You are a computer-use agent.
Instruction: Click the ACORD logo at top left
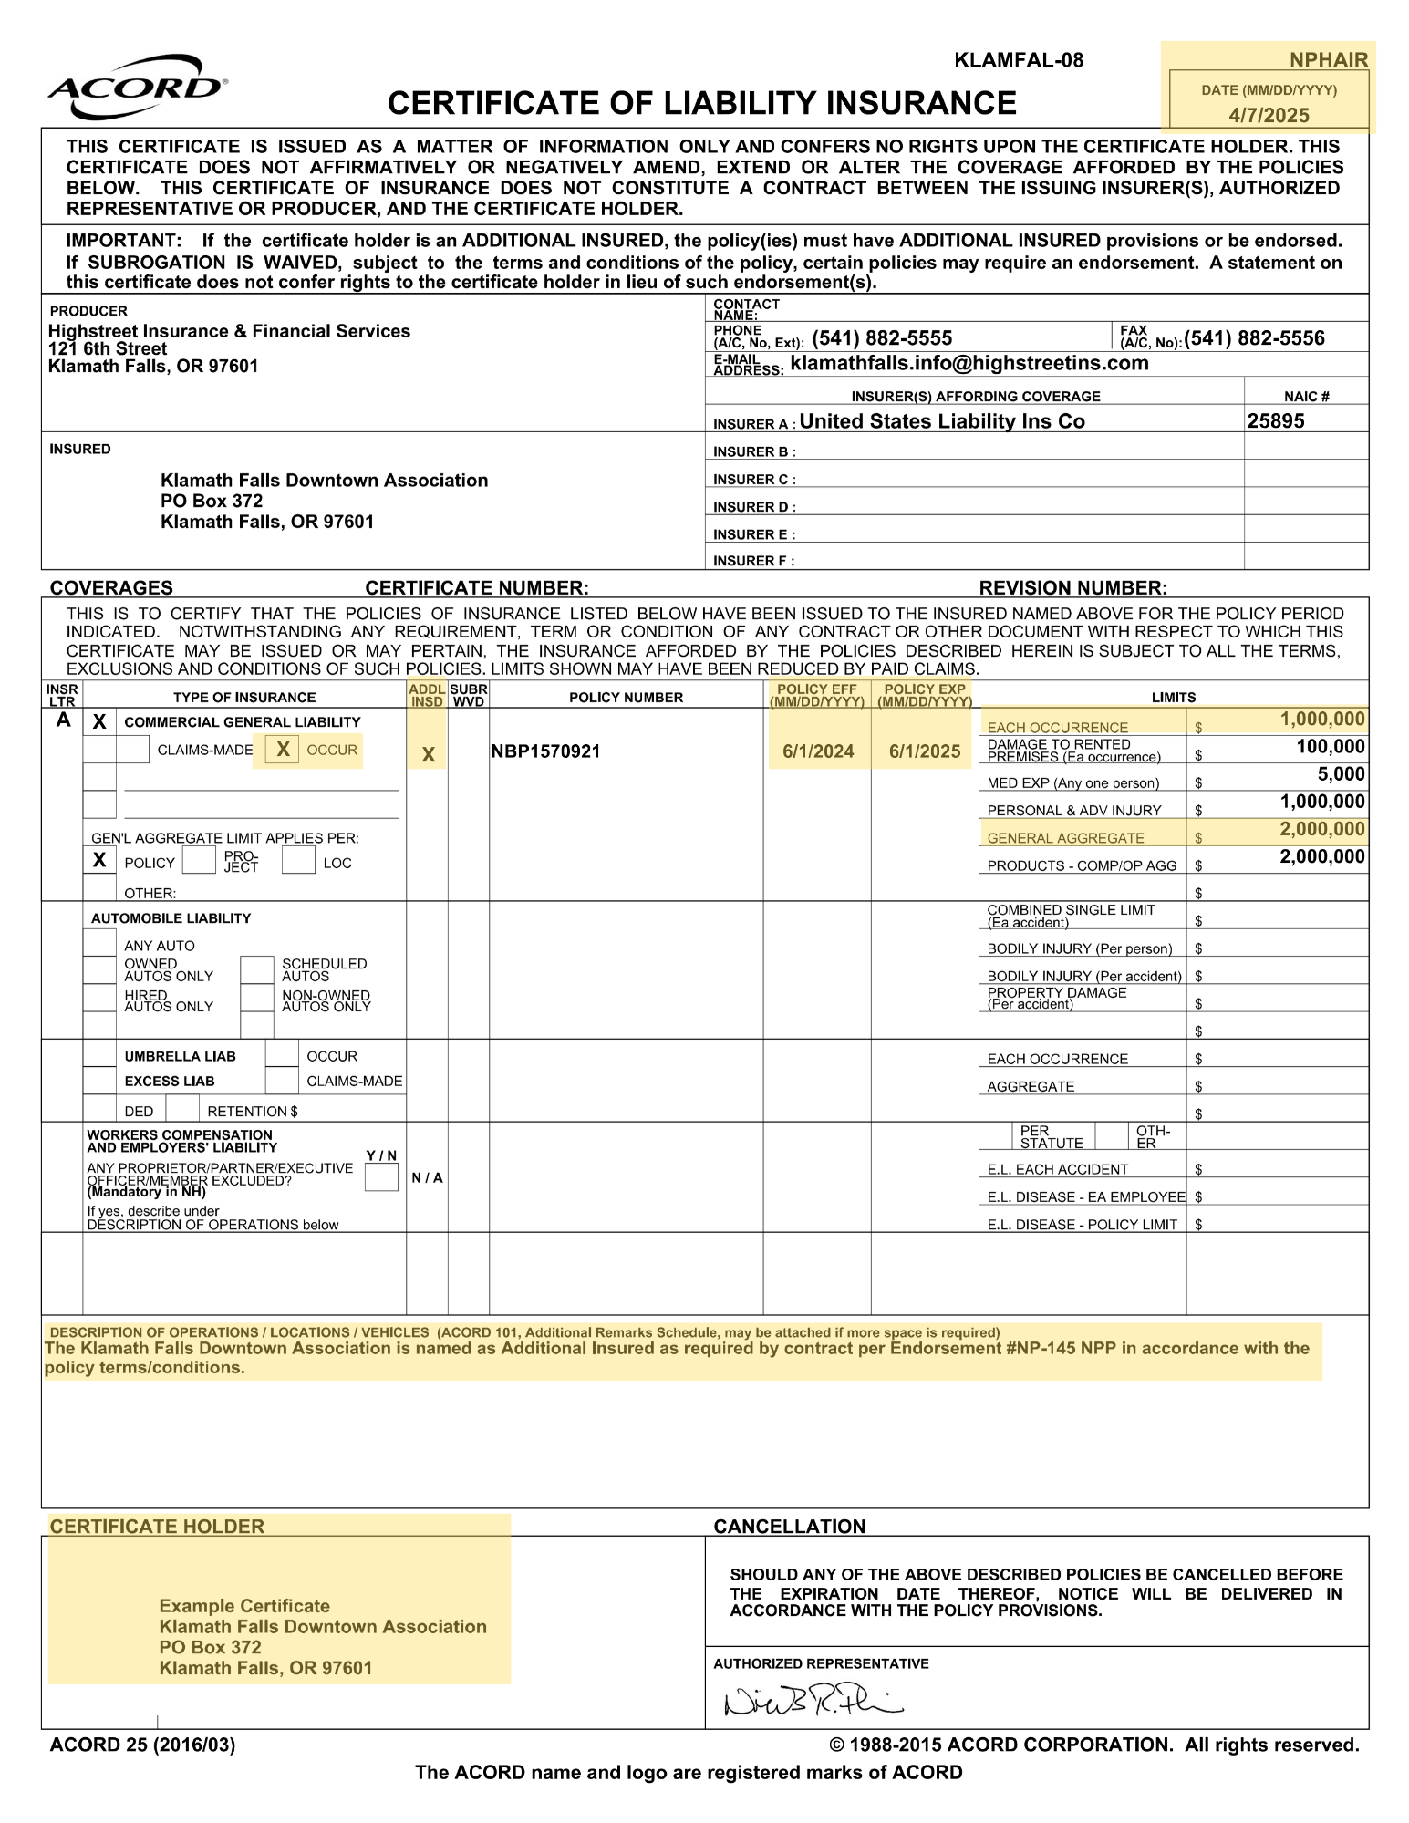(137, 88)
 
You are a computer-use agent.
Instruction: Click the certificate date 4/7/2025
(1269, 115)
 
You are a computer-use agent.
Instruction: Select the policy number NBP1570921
(545, 751)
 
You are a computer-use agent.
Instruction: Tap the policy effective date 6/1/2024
(818, 751)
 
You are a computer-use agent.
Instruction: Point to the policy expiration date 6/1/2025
(925, 751)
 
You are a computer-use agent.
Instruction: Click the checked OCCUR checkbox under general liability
(283, 750)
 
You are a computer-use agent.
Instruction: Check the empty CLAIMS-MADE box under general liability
(133, 750)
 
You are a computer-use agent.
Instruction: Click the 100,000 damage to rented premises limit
(1331, 747)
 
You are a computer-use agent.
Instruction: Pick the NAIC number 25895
(1276, 421)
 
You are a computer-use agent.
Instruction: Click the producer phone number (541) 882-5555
(882, 338)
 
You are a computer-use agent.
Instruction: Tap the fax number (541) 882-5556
(1254, 338)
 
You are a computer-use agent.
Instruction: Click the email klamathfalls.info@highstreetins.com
(969, 363)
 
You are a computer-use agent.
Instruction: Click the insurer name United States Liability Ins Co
(942, 421)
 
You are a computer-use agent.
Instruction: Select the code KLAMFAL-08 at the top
(1019, 61)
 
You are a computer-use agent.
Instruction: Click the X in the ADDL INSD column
(428, 755)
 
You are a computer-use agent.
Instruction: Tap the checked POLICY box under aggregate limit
(99, 860)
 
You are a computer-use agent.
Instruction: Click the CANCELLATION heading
(789, 1527)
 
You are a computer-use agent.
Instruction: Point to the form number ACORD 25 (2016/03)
(142, 1745)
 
